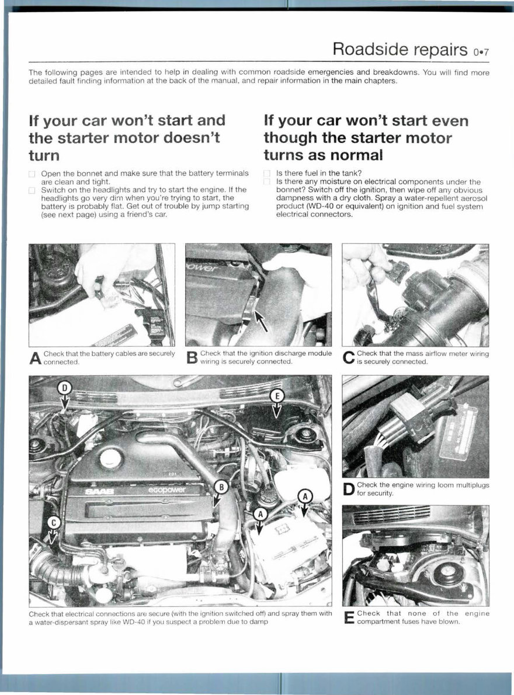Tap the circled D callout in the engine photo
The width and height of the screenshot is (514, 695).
pyautogui.click(x=64, y=388)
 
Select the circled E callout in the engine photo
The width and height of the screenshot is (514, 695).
pyautogui.click(x=278, y=396)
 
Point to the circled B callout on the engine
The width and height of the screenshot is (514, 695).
pyautogui.click(x=220, y=486)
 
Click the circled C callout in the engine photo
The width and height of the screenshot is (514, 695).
pyautogui.click(x=53, y=522)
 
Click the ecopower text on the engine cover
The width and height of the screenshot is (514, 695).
pyautogui.click(x=167, y=490)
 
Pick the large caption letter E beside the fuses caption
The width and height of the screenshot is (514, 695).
pyautogui.click(x=349, y=617)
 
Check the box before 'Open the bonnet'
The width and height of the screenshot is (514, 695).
pyautogui.click(x=33, y=174)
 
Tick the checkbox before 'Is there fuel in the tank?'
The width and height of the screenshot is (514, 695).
pyautogui.click(x=267, y=174)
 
